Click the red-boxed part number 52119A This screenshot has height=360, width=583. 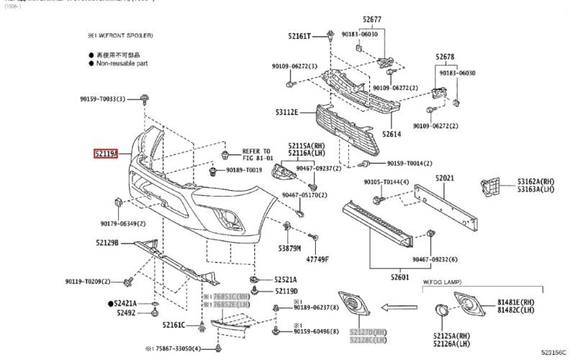pyautogui.click(x=105, y=153)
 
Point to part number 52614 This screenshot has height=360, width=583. pyautogui.click(x=393, y=134)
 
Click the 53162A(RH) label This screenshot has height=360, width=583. pyautogui.click(x=536, y=181)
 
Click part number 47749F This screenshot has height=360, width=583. pyautogui.click(x=317, y=258)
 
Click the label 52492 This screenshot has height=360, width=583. pyautogui.click(x=125, y=313)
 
